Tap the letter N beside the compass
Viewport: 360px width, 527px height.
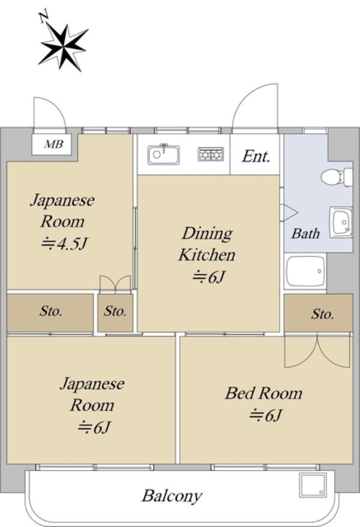pos(44,17)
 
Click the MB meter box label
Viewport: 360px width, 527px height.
pos(53,144)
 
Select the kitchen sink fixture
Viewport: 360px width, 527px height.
pos(164,155)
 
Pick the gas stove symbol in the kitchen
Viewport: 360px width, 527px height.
pos(211,154)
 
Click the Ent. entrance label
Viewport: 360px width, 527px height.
pos(256,156)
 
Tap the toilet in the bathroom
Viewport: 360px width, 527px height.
pos(337,177)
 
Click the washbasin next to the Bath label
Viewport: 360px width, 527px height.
pos(341,222)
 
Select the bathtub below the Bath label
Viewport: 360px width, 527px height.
pos(305,272)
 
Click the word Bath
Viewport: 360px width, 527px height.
pos(305,233)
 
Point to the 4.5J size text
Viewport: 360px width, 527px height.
pos(64,243)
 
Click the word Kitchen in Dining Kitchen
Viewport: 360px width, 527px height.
pos(206,255)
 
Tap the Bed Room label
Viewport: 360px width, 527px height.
pos(264,393)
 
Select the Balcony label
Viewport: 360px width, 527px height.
pos(172,496)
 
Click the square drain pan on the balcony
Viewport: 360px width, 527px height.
pos(313,485)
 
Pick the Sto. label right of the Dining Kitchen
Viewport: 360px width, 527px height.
pos(322,314)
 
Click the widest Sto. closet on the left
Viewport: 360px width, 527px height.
pos(50,313)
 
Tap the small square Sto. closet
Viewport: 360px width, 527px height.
pos(115,313)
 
